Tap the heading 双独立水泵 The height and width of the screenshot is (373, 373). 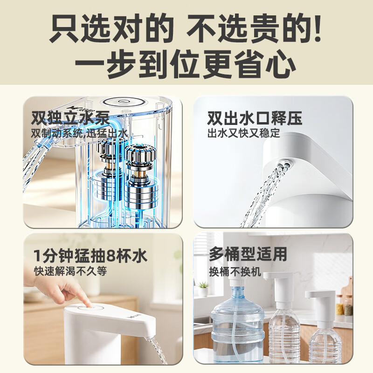click(70, 118)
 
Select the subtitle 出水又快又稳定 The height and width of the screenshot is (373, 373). click(243, 133)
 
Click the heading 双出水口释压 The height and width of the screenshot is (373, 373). click(255, 118)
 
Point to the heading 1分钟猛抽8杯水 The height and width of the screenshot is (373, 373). click(90, 256)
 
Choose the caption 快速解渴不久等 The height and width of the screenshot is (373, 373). click(70, 271)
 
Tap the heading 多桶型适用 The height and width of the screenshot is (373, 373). click(248, 254)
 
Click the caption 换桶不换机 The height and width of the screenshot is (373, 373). click(235, 272)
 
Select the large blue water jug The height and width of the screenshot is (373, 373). click(238, 324)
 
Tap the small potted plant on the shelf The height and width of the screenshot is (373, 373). click(203, 289)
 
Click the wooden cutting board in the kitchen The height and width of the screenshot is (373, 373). click(347, 293)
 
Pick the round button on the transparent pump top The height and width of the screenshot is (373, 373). click(122, 102)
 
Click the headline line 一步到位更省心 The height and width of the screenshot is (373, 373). click(186, 64)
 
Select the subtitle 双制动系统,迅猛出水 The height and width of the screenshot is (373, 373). click(80, 134)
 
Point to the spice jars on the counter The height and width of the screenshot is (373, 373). click(345, 305)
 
